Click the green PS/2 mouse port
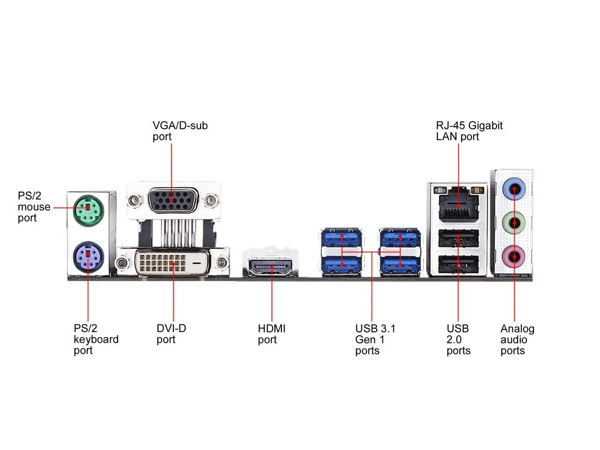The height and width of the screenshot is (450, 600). coord(88,206)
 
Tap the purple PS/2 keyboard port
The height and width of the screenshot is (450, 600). coord(88,256)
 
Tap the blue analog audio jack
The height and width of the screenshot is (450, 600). coord(514,189)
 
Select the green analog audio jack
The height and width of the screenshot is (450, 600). coord(514,223)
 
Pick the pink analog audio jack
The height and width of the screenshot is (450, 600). coord(514,256)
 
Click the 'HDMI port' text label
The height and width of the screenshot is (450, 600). coord(271,334)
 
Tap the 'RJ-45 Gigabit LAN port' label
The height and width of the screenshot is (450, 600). coord(469,131)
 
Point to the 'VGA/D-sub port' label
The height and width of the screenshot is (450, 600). coord(180,131)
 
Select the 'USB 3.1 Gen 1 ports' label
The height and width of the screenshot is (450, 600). coord(375,339)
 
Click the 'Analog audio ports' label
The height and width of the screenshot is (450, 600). coord(517,339)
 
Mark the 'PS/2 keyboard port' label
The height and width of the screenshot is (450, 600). coord(96,339)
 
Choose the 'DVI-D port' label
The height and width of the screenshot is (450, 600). coord(171,334)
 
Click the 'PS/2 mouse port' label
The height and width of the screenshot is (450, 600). coord(34,207)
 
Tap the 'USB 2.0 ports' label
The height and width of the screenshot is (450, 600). coord(458,339)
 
